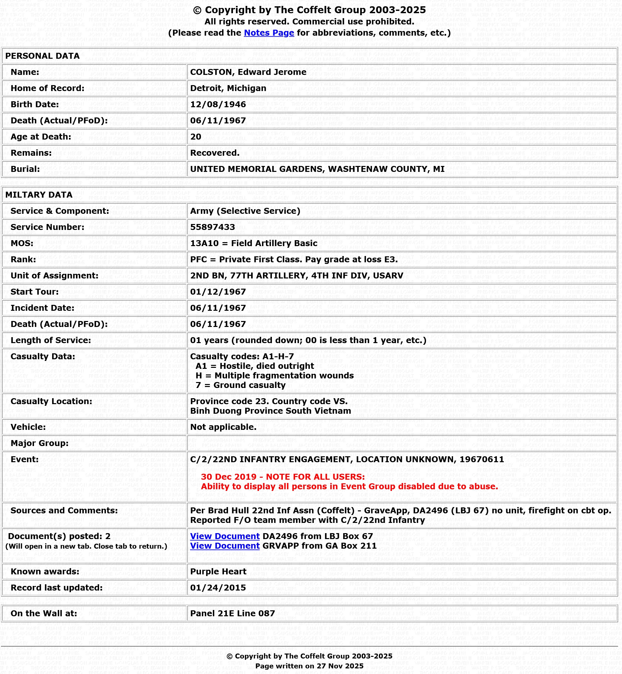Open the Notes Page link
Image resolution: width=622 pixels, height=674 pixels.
tap(269, 33)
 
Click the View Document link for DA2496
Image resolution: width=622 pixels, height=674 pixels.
tap(224, 536)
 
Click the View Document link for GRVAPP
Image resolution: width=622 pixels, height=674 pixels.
tap(224, 546)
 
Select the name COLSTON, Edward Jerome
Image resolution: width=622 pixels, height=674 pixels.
tap(248, 72)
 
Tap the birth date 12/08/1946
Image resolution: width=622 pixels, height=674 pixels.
tap(218, 104)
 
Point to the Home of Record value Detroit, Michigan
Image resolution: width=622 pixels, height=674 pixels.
tap(228, 88)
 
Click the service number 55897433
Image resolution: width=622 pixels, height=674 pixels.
tap(213, 227)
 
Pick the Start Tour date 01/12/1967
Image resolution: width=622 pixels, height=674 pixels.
tap(218, 292)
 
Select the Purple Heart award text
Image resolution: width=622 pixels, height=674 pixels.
tap(218, 571)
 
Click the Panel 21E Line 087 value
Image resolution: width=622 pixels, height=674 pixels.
tap(232, 613)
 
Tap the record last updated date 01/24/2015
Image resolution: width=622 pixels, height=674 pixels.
tap(218, 588)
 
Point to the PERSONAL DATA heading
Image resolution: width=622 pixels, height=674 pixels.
tap(43, 56)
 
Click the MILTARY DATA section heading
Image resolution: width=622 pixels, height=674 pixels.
tap(39, 195)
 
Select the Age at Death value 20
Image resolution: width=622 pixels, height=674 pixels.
tap(196, 137)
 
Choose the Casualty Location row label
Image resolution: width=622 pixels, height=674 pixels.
tap(51, 401)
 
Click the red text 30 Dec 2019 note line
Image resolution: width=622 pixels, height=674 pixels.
tap(283, 477)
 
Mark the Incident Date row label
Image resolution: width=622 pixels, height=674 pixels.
tap(43, 308)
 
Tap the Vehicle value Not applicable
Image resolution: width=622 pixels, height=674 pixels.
tap(223, 427)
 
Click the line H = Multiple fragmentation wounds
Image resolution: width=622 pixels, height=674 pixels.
tap(274, 375)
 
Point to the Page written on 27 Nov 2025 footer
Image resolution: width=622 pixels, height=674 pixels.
tap(309, 666)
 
